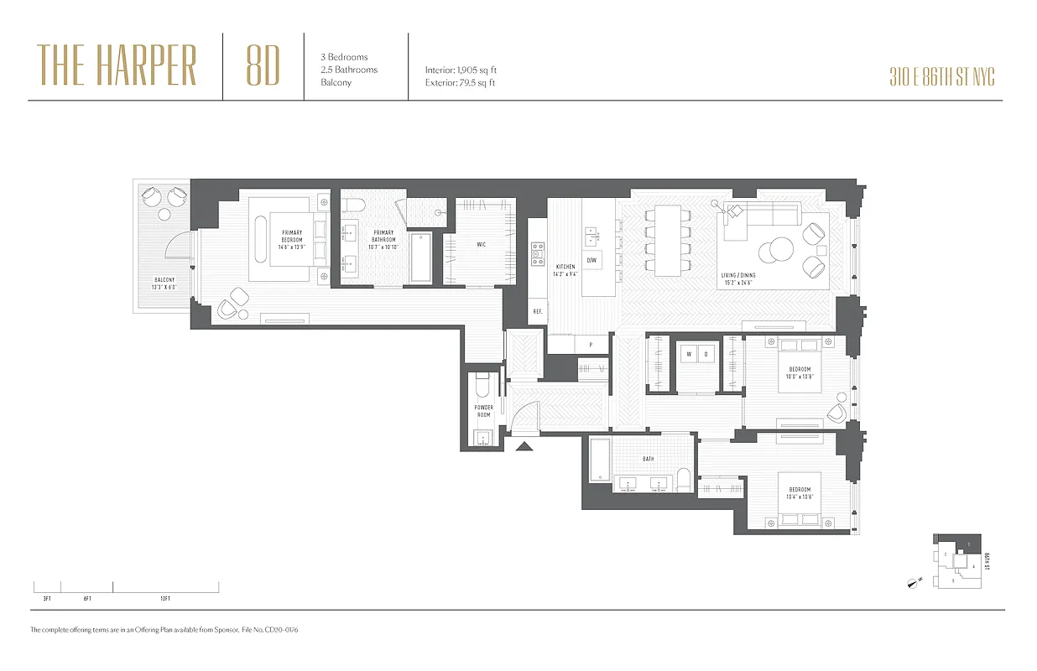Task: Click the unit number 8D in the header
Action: point(263,66)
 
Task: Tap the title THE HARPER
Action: point(117,66)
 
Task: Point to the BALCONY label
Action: point(164,283)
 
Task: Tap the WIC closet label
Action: point(481,245)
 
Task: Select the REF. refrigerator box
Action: point(537,312)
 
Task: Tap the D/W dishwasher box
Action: point(591,261)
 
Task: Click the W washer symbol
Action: point(689,354)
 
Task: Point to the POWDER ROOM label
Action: point(484,411)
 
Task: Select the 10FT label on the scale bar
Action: point(164,599)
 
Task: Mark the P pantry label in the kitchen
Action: point(591,345)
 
